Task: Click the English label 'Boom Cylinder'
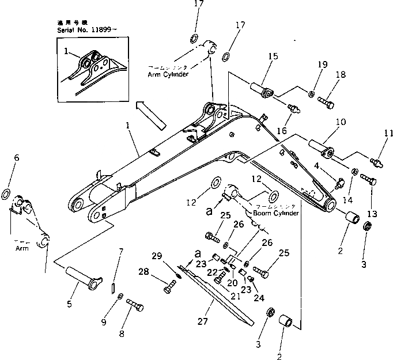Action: (276, 213)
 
